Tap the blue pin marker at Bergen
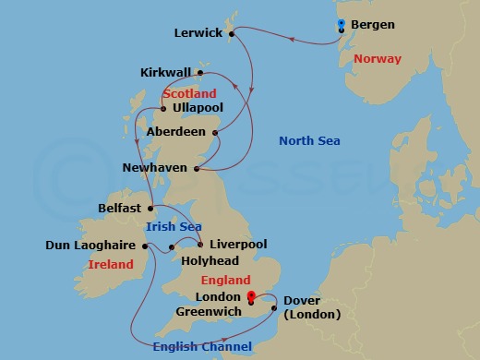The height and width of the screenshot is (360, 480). (342, 25)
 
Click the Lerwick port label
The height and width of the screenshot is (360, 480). (199, 33)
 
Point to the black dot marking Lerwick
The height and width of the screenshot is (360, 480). (231, 33)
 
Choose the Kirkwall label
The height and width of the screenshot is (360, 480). (167, 72)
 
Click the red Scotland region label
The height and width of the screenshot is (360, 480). (189, 93)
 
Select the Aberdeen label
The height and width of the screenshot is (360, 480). (176, 132)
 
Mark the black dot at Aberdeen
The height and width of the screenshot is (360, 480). (218, 133)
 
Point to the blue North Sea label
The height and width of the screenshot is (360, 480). (310, 141)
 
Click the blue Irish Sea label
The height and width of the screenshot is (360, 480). (173, 226)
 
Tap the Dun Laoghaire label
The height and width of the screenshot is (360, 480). (91, 246)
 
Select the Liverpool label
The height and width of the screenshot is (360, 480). (238, 245)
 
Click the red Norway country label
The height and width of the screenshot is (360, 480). (378, 59)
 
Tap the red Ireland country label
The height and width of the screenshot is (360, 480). (112, 265)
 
